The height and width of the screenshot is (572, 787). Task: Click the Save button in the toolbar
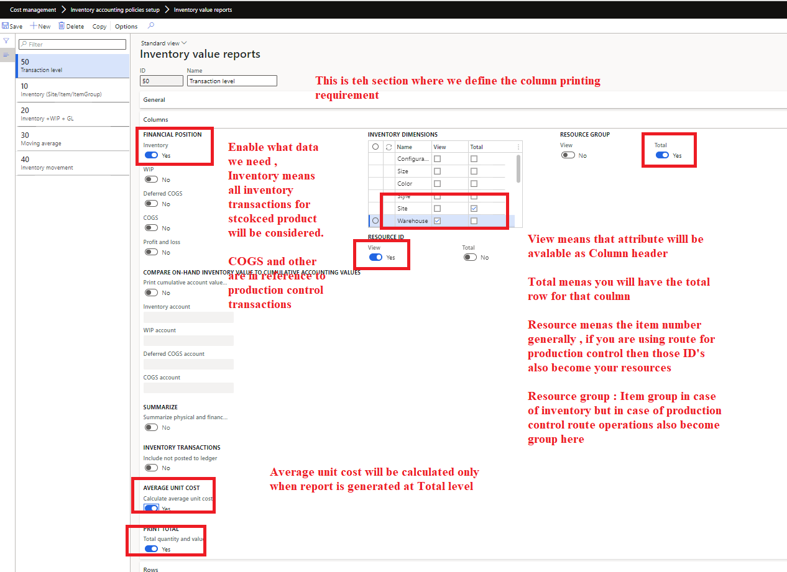pyautogui.click(x=12, y=26)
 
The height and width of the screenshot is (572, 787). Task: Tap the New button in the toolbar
pyautogui.click(x=40, y=26)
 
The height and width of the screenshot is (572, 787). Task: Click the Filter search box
pyautogui.click(x=73, y=44)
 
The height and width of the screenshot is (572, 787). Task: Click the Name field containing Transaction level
pyautogui.click(x=232, y=81)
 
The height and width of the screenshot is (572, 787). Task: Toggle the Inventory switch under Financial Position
pyautogui.click(x=151, y=155)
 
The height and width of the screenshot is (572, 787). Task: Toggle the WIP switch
pyautogui.click(x=151, y=179)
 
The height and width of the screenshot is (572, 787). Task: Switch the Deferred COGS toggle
pyautogui.click(x=151, y=204)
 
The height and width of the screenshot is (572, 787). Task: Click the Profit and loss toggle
pyautogui.click(x=151, y=252)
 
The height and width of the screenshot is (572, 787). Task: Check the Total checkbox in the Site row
pyautogui.click(x=474, y=208)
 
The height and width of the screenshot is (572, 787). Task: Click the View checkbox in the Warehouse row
pyautogui.click(x=437, y=220)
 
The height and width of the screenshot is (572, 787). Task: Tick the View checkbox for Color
pyautogui.click(x=437, y=184)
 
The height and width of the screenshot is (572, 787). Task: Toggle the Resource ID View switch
pyautogui.click(x=375, y=257)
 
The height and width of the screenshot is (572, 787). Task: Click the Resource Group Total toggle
pyautogui.click(x=662, y=155)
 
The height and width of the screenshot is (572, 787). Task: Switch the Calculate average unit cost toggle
pyautogui.click(x=151, y=508)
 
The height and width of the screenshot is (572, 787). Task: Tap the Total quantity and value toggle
pyautogui.click(x=151, y=549)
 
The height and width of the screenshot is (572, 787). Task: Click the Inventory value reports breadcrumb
pyautogui.click(x=203, y=10)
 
